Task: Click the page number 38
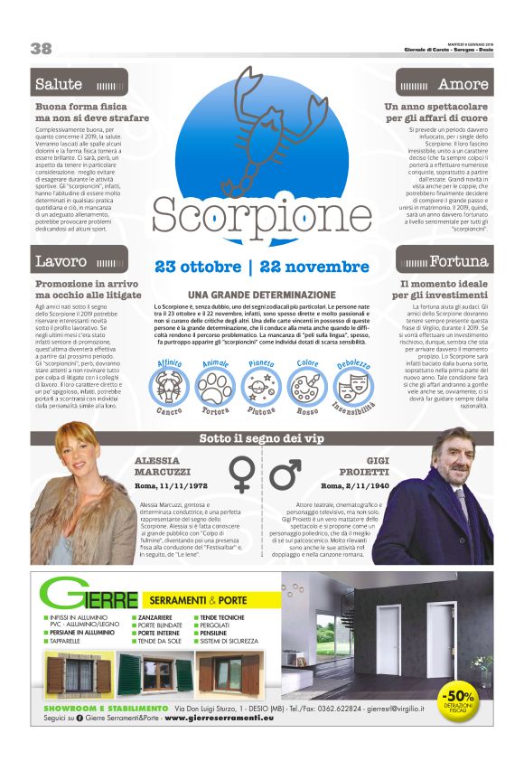click(41, 48)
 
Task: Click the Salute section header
click(59, 84)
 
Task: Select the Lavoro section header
click(61, 262)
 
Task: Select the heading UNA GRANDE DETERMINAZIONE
click(261, 296)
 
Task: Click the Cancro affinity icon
click(169, 385)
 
